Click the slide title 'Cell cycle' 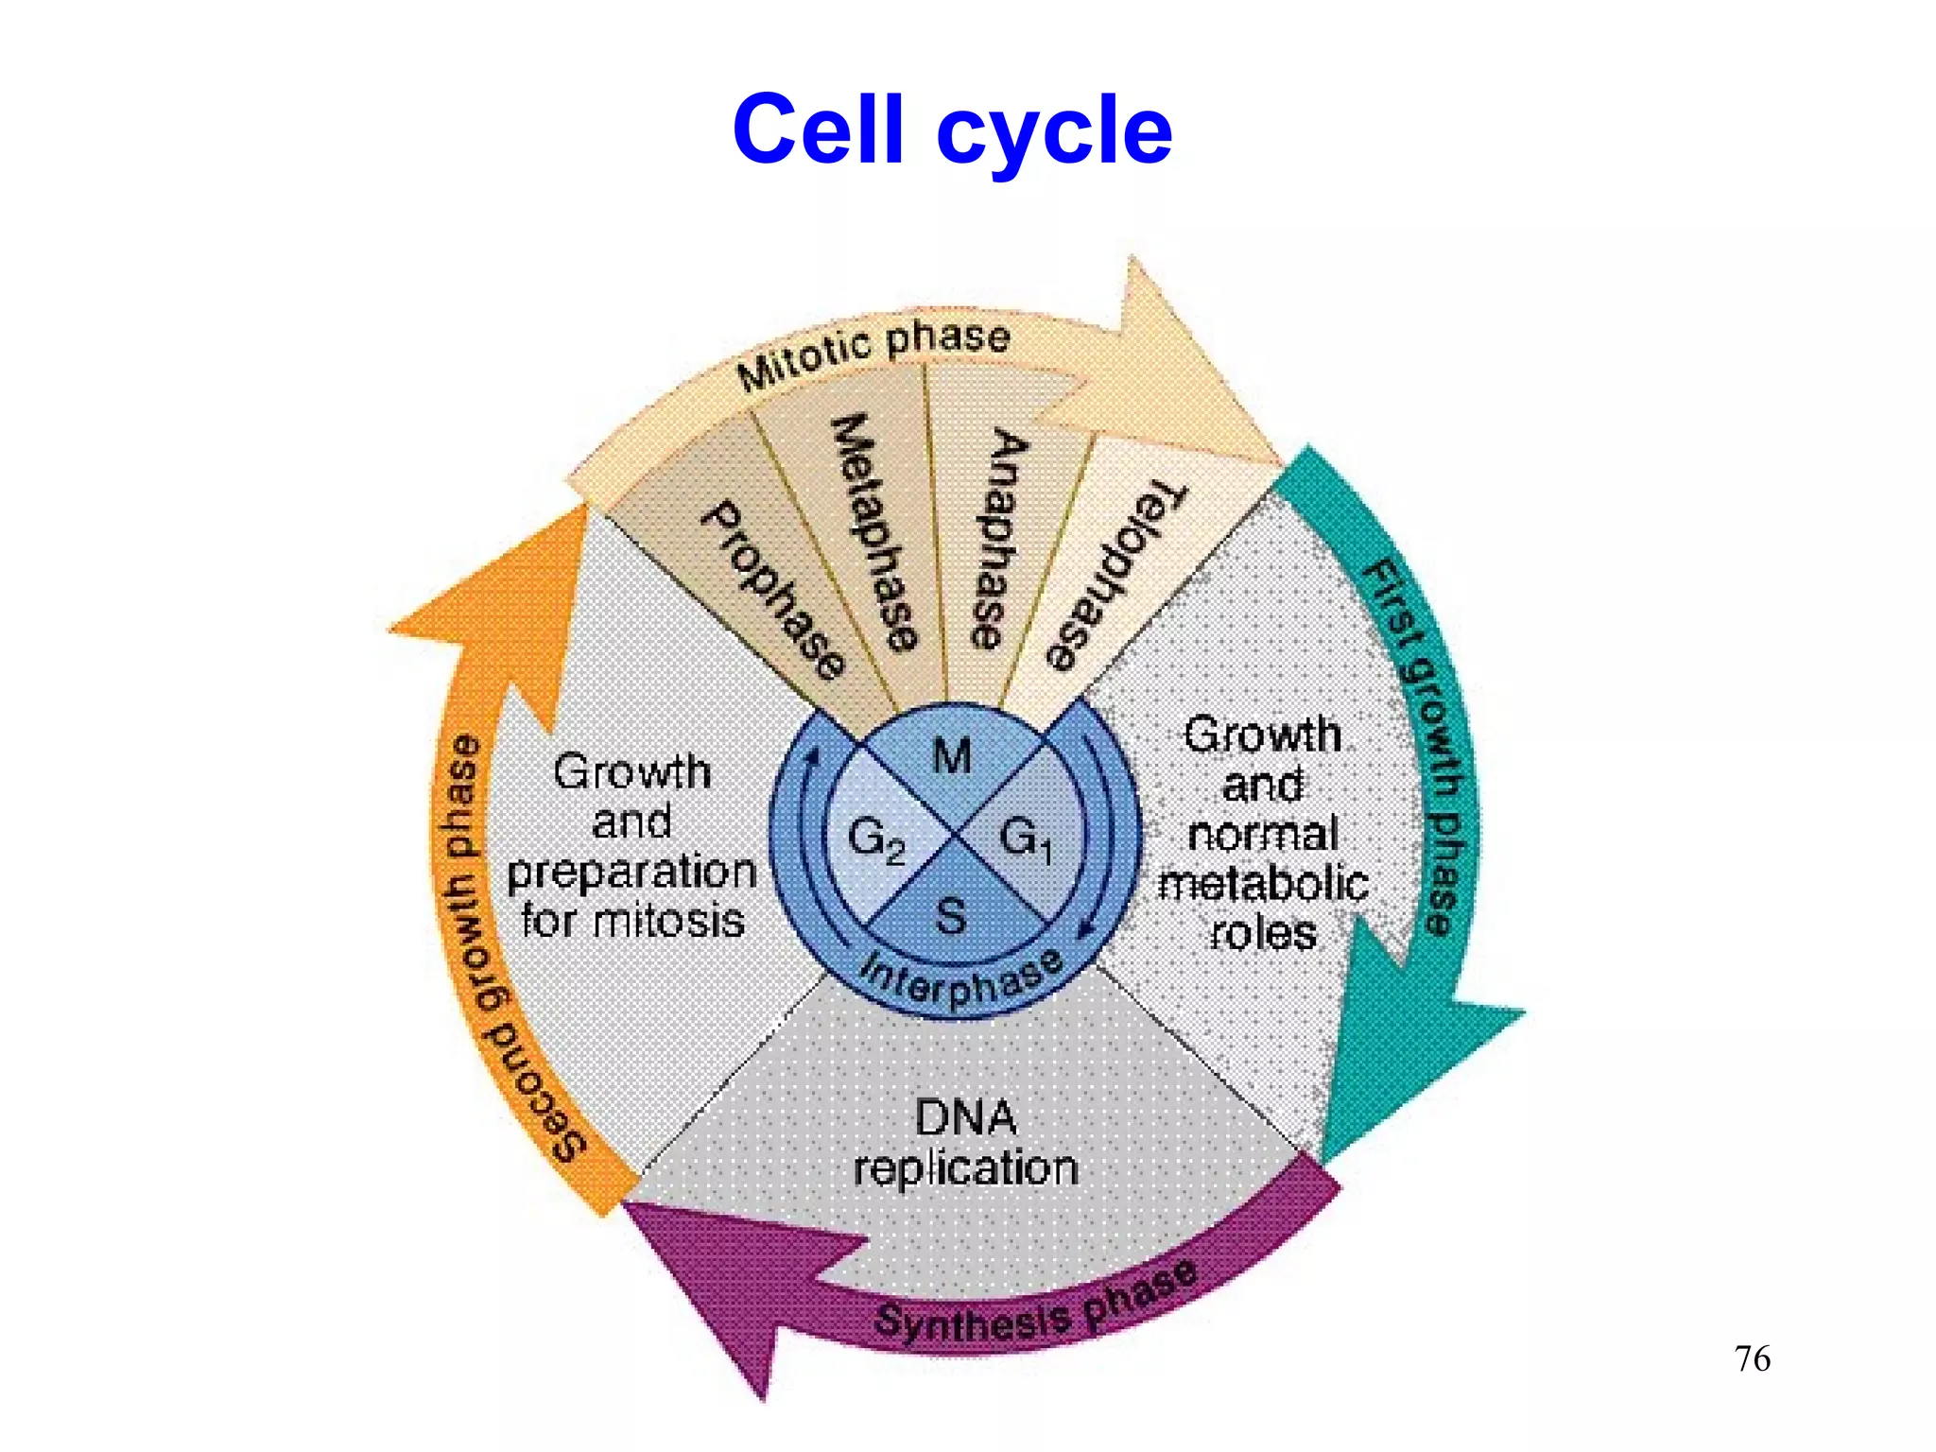(952, 130)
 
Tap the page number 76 (1752, 1358)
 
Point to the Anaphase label (998, 539)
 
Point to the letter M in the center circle (952, 756)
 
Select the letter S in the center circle (951, 916)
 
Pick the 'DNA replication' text (965, 1143)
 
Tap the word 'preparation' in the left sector (631, 872)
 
